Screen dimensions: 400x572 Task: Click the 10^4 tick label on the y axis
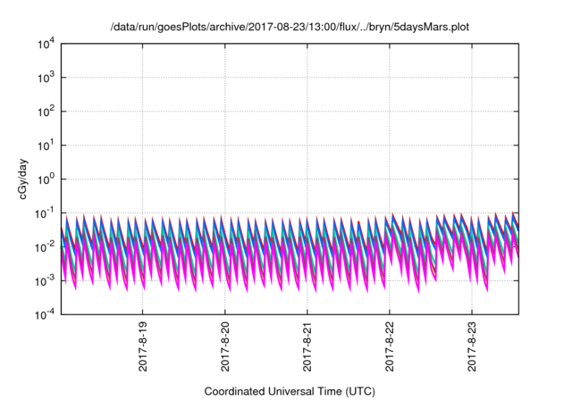pyautogui.click(x=46, y=43)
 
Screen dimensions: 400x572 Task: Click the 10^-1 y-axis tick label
pyautogui.click(x=45, y=212)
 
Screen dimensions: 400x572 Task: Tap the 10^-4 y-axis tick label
pyautogui.click(x=45, y=314)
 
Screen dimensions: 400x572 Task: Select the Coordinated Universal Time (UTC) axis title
pyautogui.click(x=289, y=391)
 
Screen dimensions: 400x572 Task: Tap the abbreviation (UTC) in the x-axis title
pyautogui.click(x=357, y=391)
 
